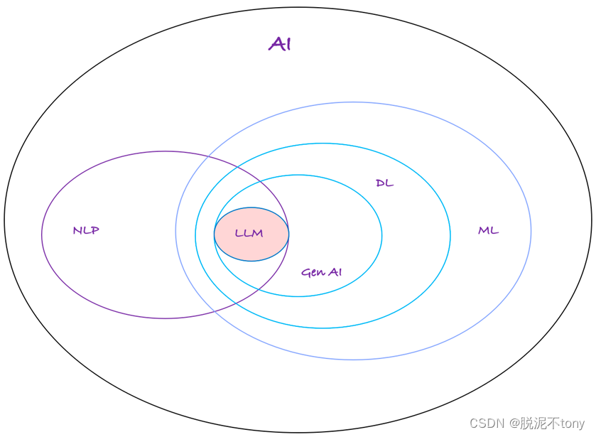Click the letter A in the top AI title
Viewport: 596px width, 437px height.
pyautogui.click(x=276, y=44)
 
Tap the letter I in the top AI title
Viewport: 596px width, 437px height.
pyautogui.click(x=287, y=44)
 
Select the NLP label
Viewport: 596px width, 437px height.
pyautogui.click(x=86, y=230)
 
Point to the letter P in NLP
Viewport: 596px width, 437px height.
pyautogui.click(x=95, y=230)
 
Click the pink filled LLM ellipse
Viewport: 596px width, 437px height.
pyautogui.click(x=251, y=234)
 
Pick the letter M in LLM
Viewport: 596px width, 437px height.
pyautogui.click(x=257, y=234)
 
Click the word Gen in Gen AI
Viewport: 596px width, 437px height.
pyautogui.click(x=313, y=273)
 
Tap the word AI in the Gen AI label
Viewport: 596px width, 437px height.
pyautogui.click(x=334, y=272)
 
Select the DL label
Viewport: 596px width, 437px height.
pyautogui.click(x=384, y=183)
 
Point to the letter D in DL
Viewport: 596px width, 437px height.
pyautogui.click(x=380, y=183)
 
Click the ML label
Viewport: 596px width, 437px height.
pyautogui.click(x=488, y=230)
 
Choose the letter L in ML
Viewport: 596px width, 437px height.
pyautogui.click(x=494, y=230)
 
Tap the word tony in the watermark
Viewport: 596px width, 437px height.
pyautogui.click(x=572, y=423)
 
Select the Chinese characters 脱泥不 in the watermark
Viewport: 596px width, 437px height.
pyautogui.click(x=537, y=423)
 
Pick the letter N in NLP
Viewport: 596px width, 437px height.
pyautogui.click(x=77, y=230)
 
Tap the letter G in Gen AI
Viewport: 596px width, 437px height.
pyautogui.click(x=305, y=273)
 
